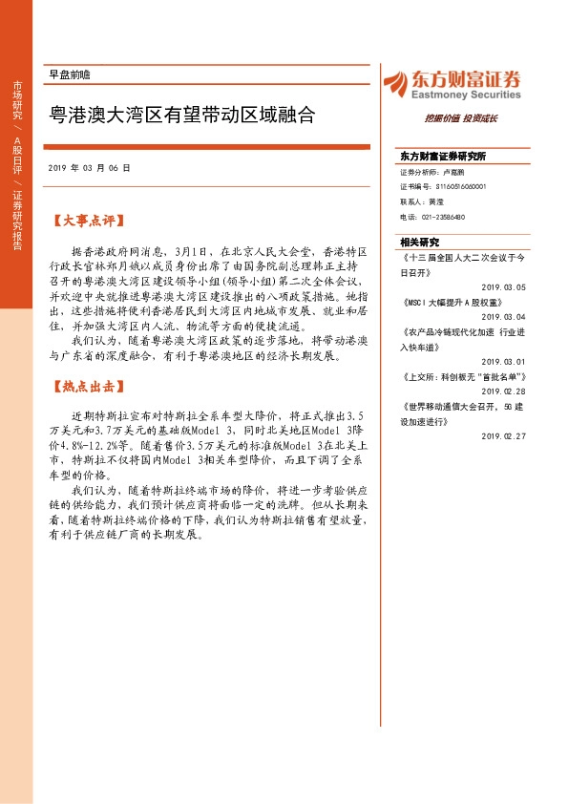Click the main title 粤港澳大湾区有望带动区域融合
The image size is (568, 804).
182,116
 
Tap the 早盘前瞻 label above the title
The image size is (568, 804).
69,74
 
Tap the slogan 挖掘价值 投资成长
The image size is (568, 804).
461,119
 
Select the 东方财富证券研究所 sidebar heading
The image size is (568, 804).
443,156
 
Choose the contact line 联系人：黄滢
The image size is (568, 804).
421,202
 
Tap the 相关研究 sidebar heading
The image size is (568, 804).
419,242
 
